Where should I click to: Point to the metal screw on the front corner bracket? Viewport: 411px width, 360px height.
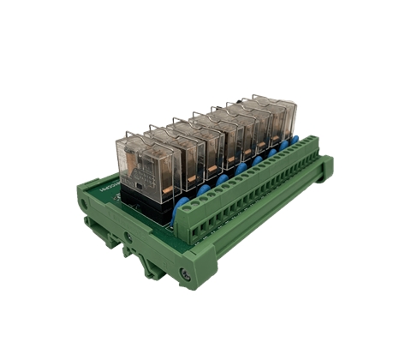click(183, 273)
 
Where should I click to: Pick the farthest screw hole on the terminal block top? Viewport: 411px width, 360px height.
click(313, 147)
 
